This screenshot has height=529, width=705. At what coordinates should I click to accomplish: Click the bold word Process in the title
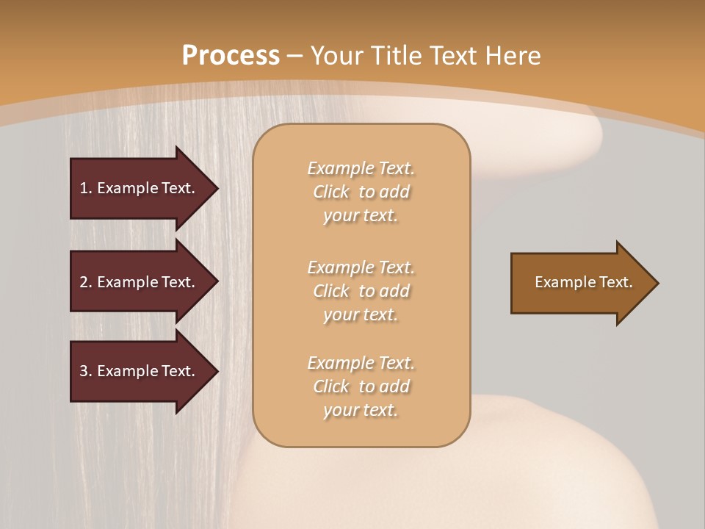[x=231, y=56]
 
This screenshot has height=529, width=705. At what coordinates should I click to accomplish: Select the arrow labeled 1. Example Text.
[x=140, y=188]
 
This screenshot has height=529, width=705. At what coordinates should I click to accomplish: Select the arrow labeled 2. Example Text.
[x=140, y=282]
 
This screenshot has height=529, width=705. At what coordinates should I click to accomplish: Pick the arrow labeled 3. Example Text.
[x=140, y=371]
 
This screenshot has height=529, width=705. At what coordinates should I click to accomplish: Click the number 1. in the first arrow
[x=86, y=188]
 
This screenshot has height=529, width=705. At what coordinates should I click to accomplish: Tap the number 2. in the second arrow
[x=86, y=282]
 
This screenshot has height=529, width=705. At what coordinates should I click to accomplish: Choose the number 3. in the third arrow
[x=86, y=371]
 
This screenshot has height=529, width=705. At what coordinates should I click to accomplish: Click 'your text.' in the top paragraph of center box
[x=361, y=216]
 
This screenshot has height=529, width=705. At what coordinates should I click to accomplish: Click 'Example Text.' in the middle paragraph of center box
[x=361, y=267]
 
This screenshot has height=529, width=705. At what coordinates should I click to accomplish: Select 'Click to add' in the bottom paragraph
[x=361, y=386]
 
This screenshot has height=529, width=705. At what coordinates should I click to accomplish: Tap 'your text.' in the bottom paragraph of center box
[x=361, y=411]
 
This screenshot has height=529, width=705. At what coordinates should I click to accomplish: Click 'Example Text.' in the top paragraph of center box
[x=361, y=168]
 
